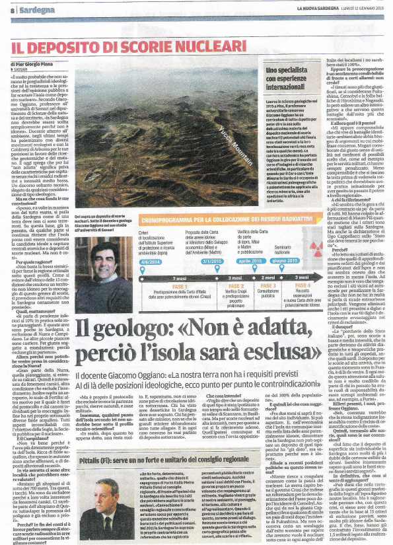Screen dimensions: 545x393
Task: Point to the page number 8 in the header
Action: point(11,11)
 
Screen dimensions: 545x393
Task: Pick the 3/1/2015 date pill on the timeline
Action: point(209,261)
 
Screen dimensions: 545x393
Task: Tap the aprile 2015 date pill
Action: point(249,261)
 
